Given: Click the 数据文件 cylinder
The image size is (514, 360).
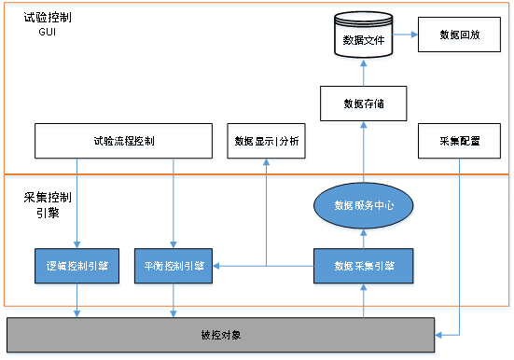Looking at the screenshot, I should click(x=364, y=38).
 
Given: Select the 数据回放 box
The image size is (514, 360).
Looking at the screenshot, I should click(x=460, y=35).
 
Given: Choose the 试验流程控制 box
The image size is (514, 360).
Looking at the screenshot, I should click(x=123, y=143).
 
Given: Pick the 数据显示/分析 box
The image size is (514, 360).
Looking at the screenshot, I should click(x=267, y=143).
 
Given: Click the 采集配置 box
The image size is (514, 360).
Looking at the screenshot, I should click(x=460, y=143).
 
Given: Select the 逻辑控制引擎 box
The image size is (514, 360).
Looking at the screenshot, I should click(x=76, y=266).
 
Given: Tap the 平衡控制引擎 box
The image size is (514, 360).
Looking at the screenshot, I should click(x=174, y=266).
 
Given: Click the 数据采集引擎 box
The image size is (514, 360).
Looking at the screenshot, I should click(x=364, y=266).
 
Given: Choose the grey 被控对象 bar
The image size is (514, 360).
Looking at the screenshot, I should click(x=221, y=334).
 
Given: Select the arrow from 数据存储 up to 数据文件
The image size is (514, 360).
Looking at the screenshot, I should click(x=364, y=76).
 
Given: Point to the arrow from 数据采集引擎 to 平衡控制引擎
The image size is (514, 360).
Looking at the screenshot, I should click(x=261, y=267).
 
